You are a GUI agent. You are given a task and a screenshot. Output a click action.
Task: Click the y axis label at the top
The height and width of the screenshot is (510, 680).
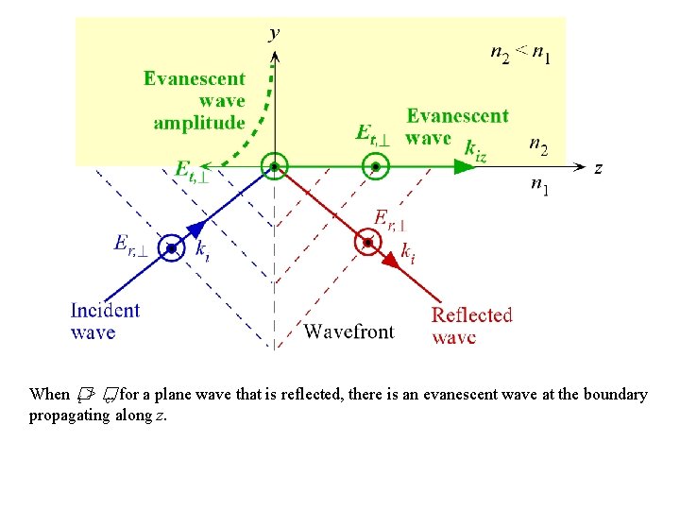(x=274, y=34)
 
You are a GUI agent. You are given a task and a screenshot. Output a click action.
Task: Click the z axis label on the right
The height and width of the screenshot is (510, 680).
(x=598, y=168)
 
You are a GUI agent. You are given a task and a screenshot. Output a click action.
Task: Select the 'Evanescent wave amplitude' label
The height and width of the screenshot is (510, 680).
(x=195, y=100)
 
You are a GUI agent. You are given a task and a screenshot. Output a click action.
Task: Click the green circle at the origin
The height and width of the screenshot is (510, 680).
(x=274, y=167)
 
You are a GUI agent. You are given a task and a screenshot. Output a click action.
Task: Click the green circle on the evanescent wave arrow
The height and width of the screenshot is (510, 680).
(x=375, y=167)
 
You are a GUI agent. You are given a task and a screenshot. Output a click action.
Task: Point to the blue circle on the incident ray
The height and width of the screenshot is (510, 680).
(x=171, y=248)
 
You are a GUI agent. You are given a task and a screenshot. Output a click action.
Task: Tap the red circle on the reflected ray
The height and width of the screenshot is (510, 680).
(x=367, y=244)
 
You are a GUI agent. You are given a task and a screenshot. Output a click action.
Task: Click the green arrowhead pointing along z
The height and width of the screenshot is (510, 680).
(x=462, y=167)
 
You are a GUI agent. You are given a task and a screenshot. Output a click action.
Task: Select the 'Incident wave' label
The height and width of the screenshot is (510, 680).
(x=105, y=321)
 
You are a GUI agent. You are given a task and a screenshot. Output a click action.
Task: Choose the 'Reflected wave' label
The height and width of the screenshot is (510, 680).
(x=471, y=326)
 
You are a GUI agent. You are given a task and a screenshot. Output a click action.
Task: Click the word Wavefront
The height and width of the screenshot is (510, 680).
(x=348, y=331)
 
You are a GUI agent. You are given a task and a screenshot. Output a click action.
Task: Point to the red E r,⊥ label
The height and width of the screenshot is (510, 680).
(x=390, y=219)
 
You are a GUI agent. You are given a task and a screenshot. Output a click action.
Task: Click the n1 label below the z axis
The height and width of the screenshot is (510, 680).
(x=541, y=187)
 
